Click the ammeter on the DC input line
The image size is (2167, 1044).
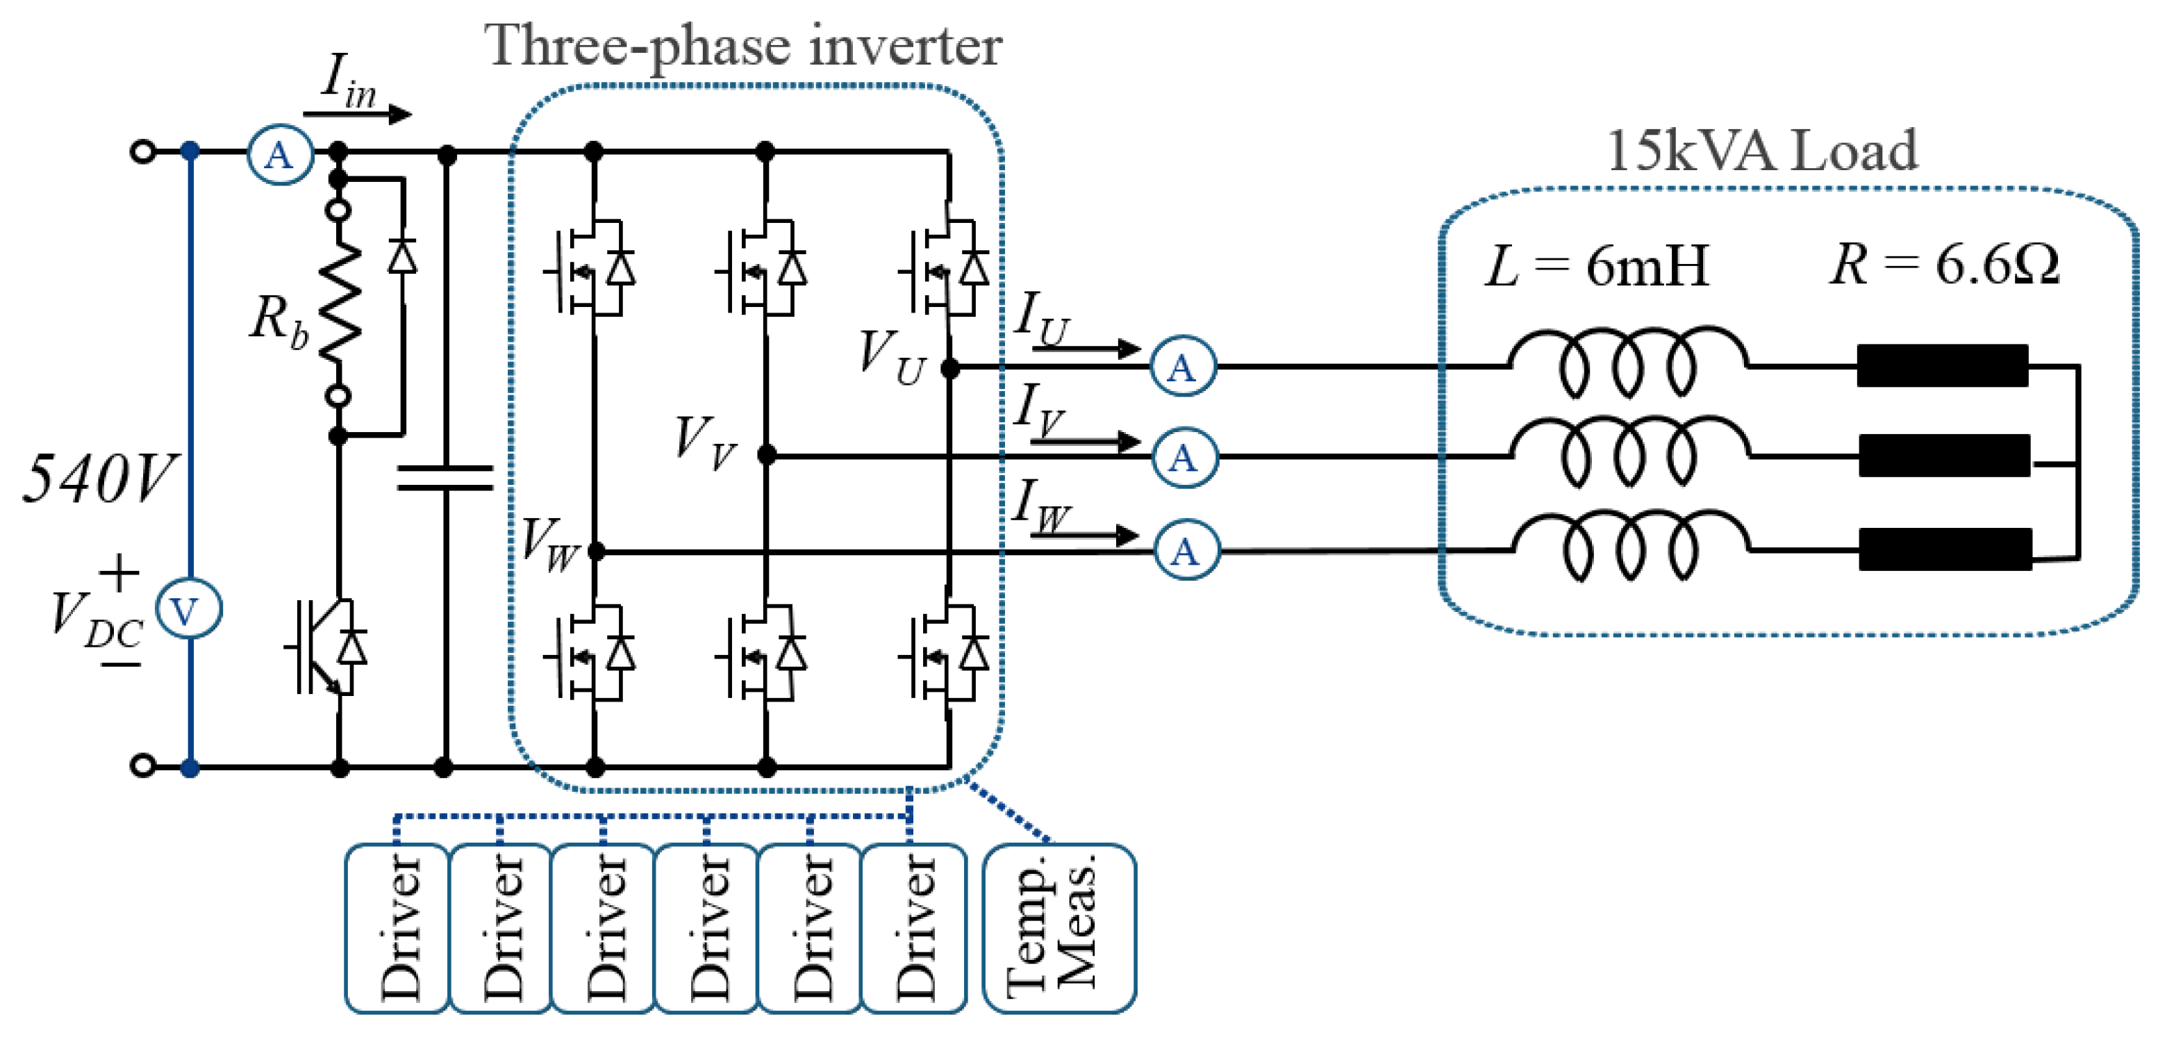pyautogui.click(x=279, y=154)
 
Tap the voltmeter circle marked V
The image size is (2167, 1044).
pyautogui.click(x=188, y=610)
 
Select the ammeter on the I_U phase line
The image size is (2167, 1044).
pyautogui.click(x=1182, y=367)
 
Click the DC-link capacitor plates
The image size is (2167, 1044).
pyautogui.click(x=445, y=477)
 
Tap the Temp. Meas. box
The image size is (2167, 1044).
pyautogui.click(x=1058, y=928)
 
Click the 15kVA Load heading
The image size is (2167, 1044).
pyautogui.click(x=1761, y=151)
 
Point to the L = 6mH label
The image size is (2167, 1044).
pyautogui.click(x=1597, y=266)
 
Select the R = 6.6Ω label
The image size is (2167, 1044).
pyautogui.click(x=1944, y=265)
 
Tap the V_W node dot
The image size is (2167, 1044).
pyautogui.click(x=596, y=552)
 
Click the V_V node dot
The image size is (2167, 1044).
pyautogui.click(x=766, y=455)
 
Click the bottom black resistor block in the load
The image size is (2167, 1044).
pyautogui.click(x=1945, y=549)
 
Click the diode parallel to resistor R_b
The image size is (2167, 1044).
pyautogui.click(x=402, y=255)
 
